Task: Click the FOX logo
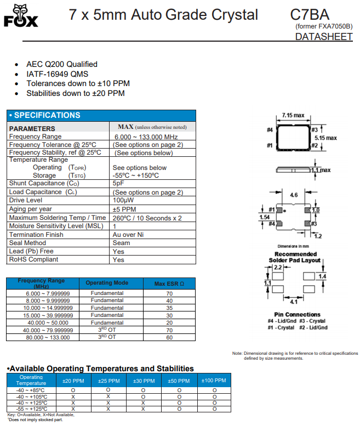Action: (x=21, y=16)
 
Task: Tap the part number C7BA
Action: (x=310, y=15)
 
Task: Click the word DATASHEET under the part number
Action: (x=323, y=37)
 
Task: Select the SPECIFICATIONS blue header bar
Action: (x=101, y=115)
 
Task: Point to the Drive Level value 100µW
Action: (x=124, y=201)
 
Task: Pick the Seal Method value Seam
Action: (x=121, y=243)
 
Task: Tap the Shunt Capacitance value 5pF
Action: (x=118, y=183)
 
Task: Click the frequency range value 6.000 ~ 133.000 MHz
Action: (x=146, y=137)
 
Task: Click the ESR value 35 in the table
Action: (x=169, y=308)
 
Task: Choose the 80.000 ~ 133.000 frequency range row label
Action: (x=48, y=337)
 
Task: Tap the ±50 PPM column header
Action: (x=179, y=381)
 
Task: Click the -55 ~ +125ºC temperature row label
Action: (x=31, y=409)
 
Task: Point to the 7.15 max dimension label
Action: (x=293, y=116)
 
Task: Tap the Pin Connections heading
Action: (x=296, y=315)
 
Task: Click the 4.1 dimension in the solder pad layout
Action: (x=294, y=302)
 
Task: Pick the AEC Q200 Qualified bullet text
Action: (x=62, y=64)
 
